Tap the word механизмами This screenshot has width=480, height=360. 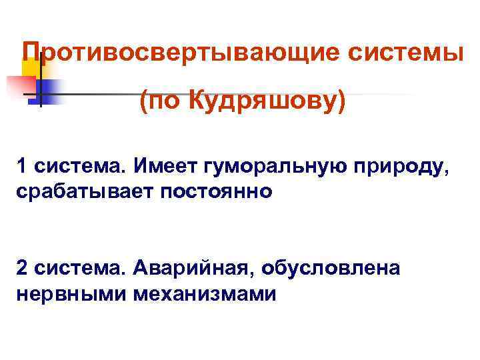click(x=204, y=293)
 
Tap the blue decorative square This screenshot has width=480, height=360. click(x=50, y=89)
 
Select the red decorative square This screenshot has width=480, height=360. click(x=20, y=87)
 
